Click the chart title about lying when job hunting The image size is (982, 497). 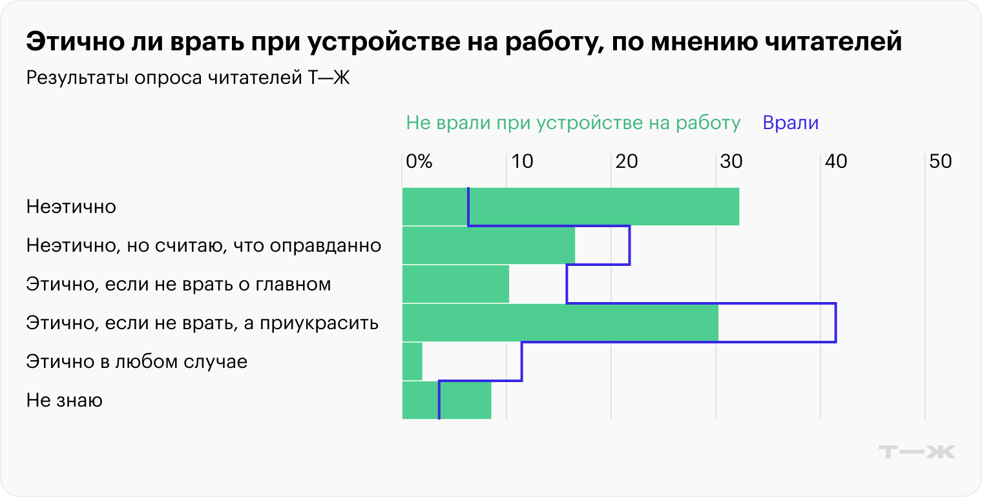pyautogui.click(x=464, y=43)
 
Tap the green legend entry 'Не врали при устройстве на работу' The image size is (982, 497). pyautogui.click(x=573, y=123)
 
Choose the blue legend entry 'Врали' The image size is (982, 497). pyautogui.click(x=791, y=123)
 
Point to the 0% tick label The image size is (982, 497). pyautogui.click(x=419, y=161)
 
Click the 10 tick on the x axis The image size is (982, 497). pyautogui.click(x=522, y=161)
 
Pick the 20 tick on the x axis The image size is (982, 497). pyautogui.click(x=627, y=161)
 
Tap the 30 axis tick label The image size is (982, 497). pyautogui.click(x=731, y=161)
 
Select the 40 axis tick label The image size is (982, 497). pyautogui.click(x=836, y=161)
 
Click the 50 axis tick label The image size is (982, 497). pyautogui.click(x=941, y=161)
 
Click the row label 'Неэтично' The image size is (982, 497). pyautogui.click(x=71, y=207)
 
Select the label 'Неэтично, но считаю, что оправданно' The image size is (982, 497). pyautogui.click(x=204, y=246)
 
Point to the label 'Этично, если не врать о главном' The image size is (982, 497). pyautogui.click(x=178, y=284)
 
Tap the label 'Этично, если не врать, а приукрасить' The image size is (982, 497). pyautogui.click(x=202, y=323)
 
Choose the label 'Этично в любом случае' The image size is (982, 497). pyautogui.click(x=137, y=361)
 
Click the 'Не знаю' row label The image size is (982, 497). pyautogui.click(x=65, y=401)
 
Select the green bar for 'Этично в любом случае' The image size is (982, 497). pyautogui.click(x=412, y=361)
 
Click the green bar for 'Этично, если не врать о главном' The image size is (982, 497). pyautogui.click(x=455, y=284)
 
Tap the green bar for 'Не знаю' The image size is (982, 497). pyautogui.click(x=465, y=400)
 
